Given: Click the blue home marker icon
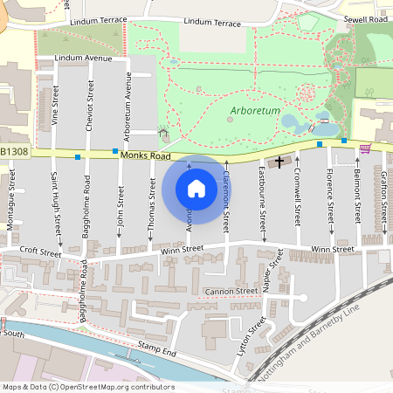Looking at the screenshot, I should tap(196, 188).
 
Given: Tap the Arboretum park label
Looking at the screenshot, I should tap(256, 111).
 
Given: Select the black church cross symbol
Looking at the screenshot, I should tap(280, 162).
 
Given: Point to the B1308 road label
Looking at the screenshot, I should tap(15, 151).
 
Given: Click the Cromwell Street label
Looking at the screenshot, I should tap(298, 196).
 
